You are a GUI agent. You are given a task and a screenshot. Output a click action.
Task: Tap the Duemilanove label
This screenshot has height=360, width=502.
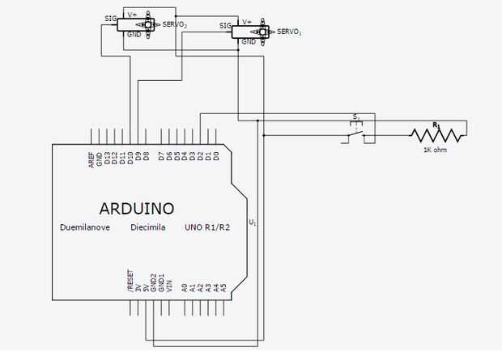click(x=85, y=228)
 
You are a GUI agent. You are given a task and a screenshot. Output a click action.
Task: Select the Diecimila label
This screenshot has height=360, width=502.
click(x=148, y=228)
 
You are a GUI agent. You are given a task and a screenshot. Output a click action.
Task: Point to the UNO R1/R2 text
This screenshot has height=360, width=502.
click(x=208, y=228)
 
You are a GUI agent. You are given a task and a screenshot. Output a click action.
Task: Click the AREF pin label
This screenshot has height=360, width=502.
click(x=91, y=158)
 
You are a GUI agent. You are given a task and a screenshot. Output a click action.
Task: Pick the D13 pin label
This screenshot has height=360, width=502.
click(x=107, y=158)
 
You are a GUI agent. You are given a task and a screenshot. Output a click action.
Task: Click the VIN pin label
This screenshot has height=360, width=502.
click(x=168, y=284)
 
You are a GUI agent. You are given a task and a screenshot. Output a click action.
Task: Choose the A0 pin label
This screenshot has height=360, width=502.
click(x=184, y=286)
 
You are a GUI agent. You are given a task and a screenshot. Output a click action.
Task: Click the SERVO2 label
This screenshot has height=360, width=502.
click(x=175, y=25)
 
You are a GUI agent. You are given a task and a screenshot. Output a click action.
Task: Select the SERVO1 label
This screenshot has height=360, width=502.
click(x=289, y=32)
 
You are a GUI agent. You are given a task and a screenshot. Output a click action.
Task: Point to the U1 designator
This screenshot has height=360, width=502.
click(x=253, y=222)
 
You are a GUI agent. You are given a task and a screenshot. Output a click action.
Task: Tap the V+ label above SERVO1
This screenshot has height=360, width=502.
click(x=247, y=22)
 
